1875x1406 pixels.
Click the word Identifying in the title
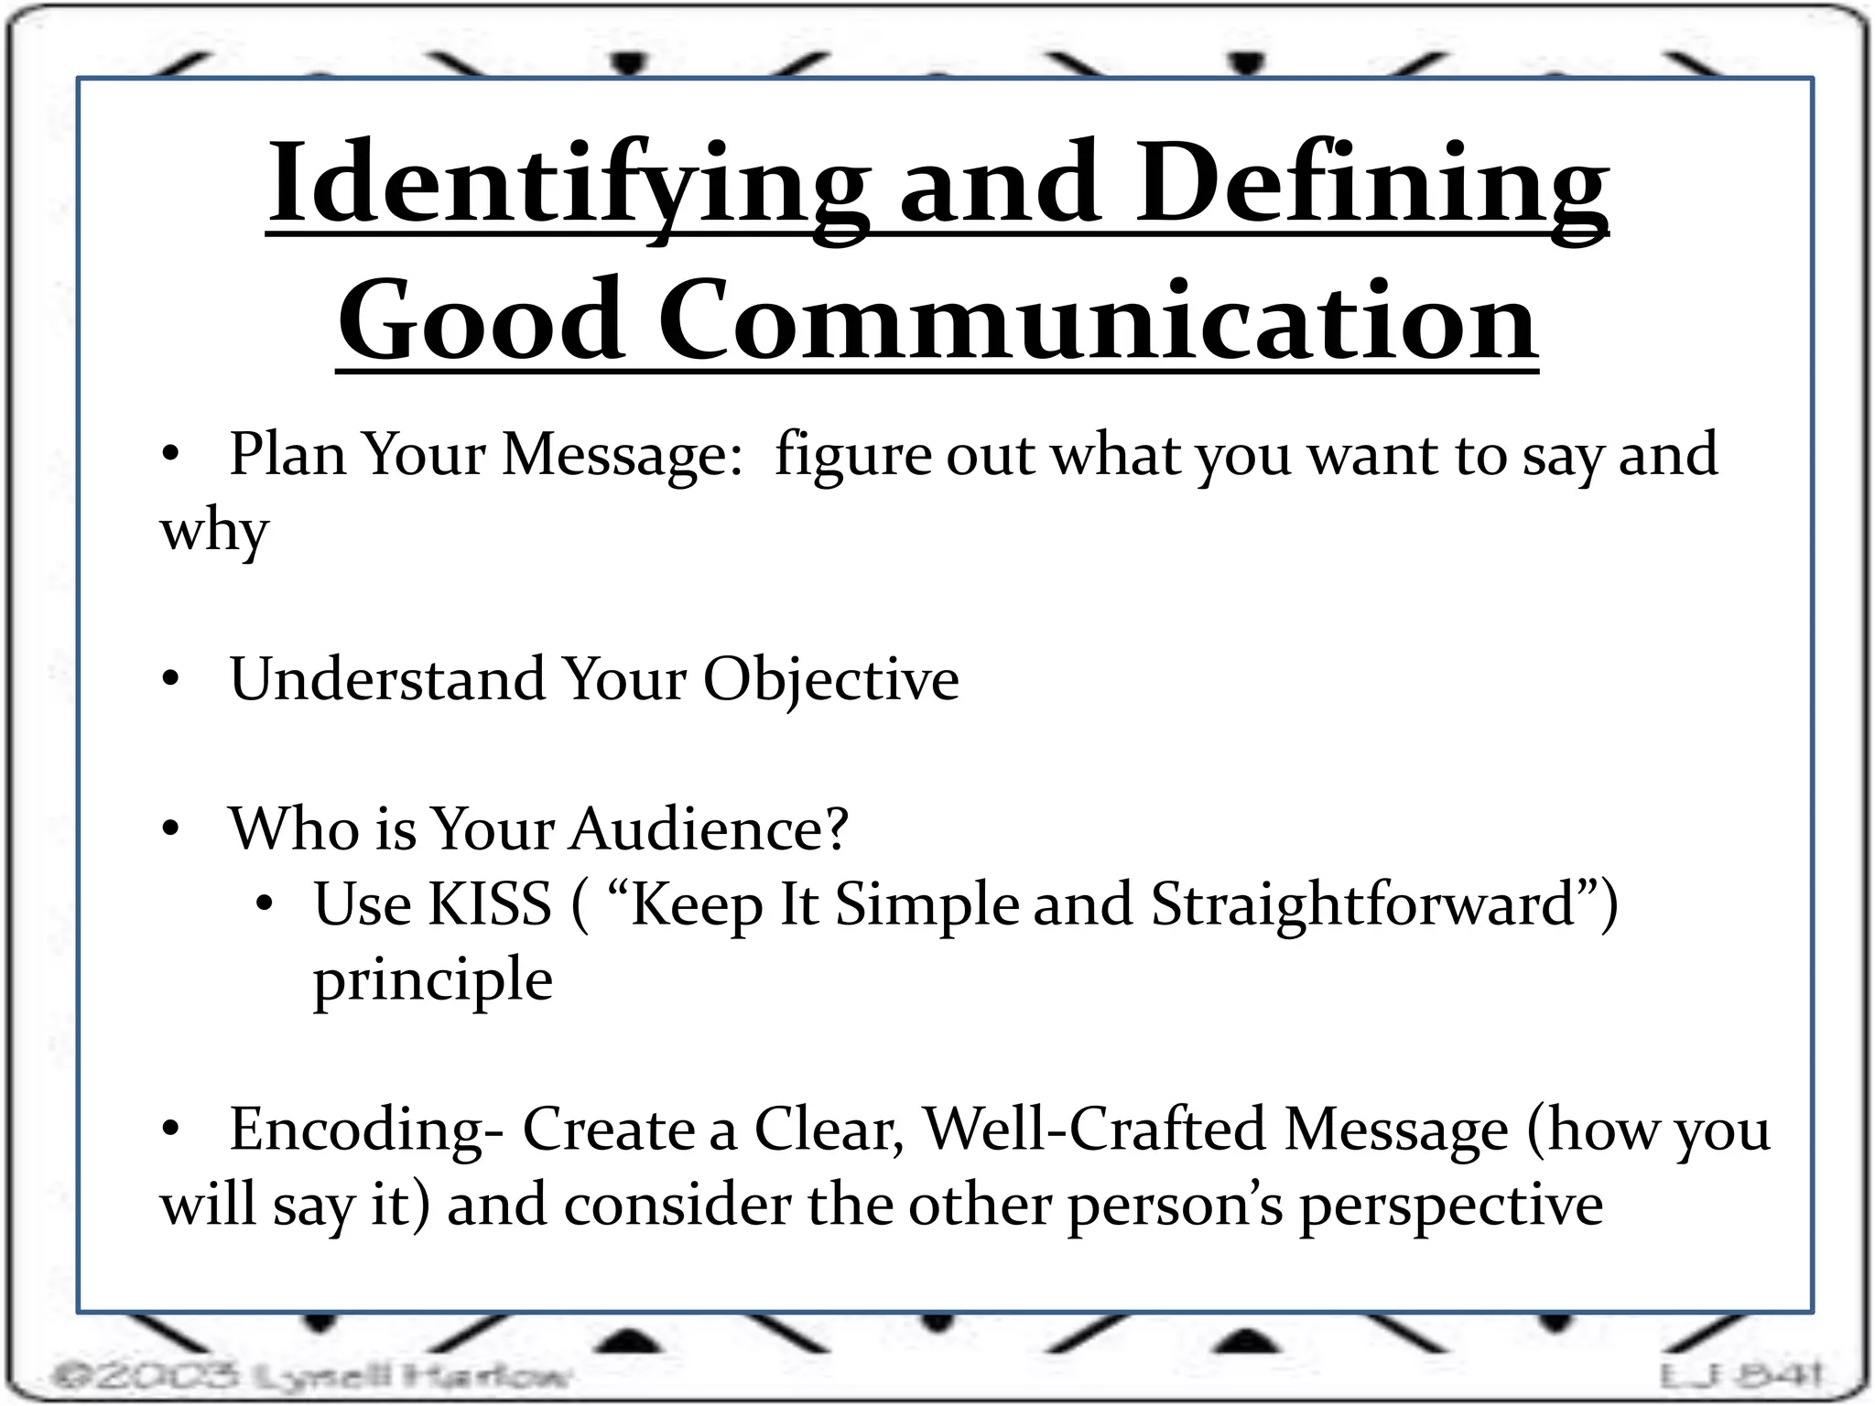coord(568,183)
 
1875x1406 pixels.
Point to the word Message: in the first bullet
coord(623,455)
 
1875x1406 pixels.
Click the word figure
coord(851,455)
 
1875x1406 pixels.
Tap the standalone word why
coord(214,531)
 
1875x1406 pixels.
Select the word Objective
coord(830,681)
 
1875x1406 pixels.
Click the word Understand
coord(386,679)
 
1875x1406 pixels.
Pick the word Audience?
coord(710,829)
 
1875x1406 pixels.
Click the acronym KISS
coord(490,904)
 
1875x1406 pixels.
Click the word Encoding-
coord(365,1130)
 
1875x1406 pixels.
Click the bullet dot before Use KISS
coord(265,905)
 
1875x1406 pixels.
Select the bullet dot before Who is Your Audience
coord(170,829)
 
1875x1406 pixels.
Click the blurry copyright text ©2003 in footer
coord(146,1375)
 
